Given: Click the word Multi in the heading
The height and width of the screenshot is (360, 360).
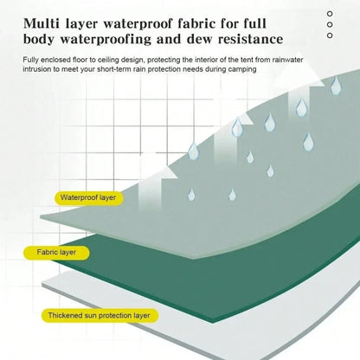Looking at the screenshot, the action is pos(41,23).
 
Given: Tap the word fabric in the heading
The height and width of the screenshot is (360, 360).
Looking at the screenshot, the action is pos(196,23).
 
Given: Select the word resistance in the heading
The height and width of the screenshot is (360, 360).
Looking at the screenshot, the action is pos(250,39).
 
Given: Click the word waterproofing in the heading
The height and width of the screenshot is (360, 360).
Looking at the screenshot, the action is pos(106,40).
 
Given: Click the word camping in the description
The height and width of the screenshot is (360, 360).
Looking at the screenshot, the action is pos(242,69).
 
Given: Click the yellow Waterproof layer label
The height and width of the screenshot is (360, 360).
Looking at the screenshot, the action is pos(89,198).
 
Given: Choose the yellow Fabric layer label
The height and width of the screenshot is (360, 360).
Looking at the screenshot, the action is pos(56,253).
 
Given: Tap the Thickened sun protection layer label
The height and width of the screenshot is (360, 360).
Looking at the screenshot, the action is pos(100,315).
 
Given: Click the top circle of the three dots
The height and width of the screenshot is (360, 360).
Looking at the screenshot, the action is pos(330,14).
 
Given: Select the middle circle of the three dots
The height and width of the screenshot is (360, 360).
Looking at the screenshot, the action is pos(330,24).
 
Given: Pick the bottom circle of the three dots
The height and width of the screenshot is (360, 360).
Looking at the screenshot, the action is pos(330,35).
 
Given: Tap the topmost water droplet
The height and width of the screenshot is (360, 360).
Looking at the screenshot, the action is pos(336,86).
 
